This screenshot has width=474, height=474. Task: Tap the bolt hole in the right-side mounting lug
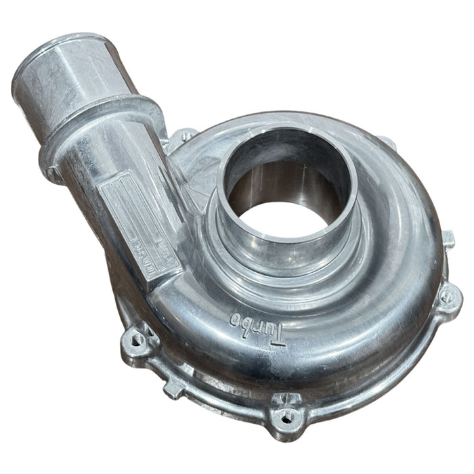[x=448, y=297]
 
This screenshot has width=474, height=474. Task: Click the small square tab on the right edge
[x=448, y=238]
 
